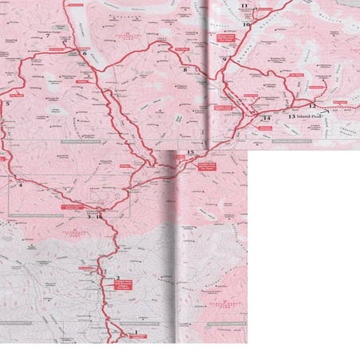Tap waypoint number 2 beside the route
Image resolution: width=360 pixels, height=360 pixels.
(x=118, y=279)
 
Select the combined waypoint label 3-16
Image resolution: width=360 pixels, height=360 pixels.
(x=95, y=217)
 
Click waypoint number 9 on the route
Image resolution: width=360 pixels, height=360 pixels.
(x=225, y=60)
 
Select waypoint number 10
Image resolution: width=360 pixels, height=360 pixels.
(x=246, y=25)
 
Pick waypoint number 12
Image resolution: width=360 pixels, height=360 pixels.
(x=312, y=105)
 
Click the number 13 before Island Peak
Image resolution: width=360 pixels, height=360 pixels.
(x=292, y=117)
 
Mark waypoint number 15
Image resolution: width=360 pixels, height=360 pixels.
(x=190, y=152)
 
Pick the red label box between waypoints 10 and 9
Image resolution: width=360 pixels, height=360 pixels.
(x=226, y=37)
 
